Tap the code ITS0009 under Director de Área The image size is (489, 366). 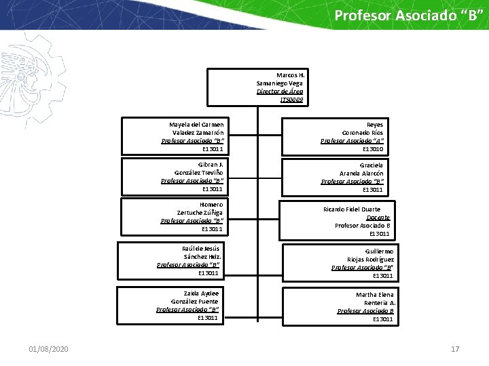pyautogui.click(x=292, y=100)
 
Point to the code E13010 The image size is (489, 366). pyautogui.click(x=373, y=148)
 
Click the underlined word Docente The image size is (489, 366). pyautogui.click(x=378, y=218)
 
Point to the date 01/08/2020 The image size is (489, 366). pyautogui.click(x=48, y=349)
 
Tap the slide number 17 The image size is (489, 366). pyautogui.click(x=455, y=349)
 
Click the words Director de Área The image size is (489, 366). pyautogui.click(x=280, y=91)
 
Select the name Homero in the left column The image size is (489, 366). pyautogui.click(x=211, y=204)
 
